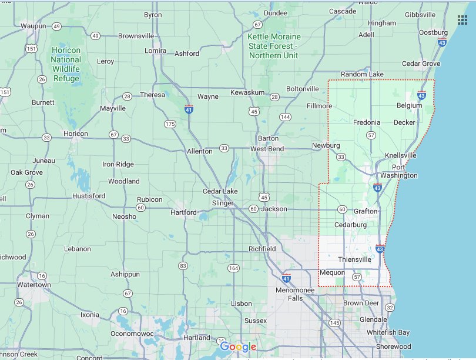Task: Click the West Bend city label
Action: click(267, 149)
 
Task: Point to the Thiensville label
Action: click(354, 259)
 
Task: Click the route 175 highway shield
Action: click(170, 124)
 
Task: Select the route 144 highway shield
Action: click(285, 117)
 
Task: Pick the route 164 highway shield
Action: click(234, 269)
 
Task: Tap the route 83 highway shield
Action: click(183, 266)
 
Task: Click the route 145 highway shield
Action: click(335, 323)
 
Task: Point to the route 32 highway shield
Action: click(389, 307)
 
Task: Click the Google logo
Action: click(238, 347)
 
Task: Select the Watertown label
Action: click(34, 285)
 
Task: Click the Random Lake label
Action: click(362, 74)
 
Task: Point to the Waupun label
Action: click(33, 26)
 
